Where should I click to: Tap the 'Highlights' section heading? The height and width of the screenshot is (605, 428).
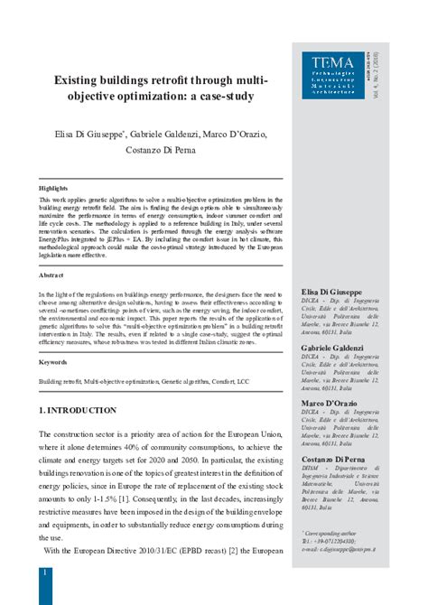[53, 187]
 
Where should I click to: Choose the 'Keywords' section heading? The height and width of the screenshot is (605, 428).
[52, 361]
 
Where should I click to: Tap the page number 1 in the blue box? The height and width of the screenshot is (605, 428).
[44, 573]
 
